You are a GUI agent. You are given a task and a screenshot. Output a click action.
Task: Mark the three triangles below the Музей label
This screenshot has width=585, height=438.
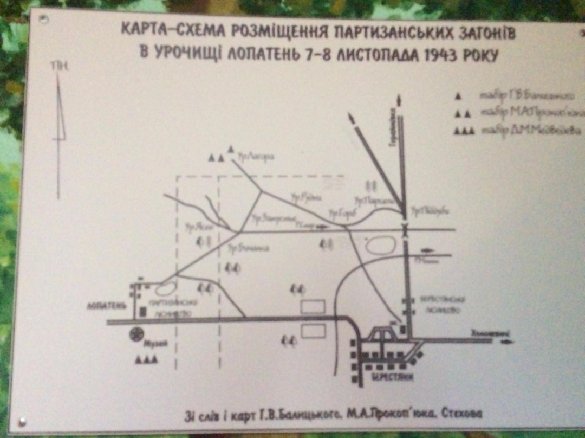click(x=146, y=359)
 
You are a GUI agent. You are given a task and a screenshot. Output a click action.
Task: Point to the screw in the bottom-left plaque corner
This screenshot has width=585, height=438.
click(x=22, y=420)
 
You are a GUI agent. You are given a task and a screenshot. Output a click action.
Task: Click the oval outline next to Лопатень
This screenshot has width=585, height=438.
click(x=167, y=288)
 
